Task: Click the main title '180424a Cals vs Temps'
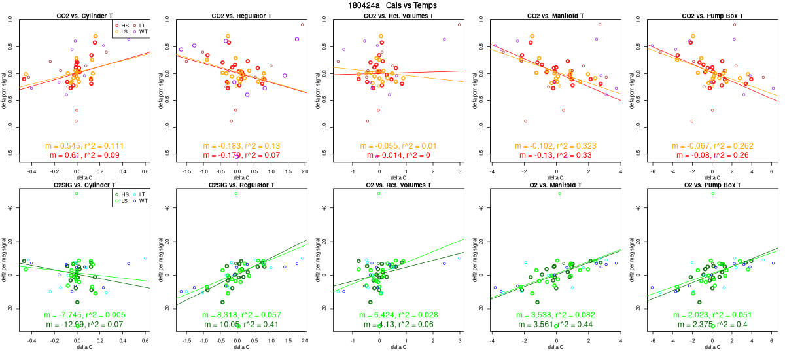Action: click(393, 5)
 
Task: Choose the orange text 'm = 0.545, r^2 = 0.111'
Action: click(84, 145)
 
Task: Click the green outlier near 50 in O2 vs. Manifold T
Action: click(559, 194)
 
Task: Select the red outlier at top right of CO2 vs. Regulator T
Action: click(302, 24)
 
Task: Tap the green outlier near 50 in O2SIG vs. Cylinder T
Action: click(77, 194)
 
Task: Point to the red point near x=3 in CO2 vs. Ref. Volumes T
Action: click(459, 24)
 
